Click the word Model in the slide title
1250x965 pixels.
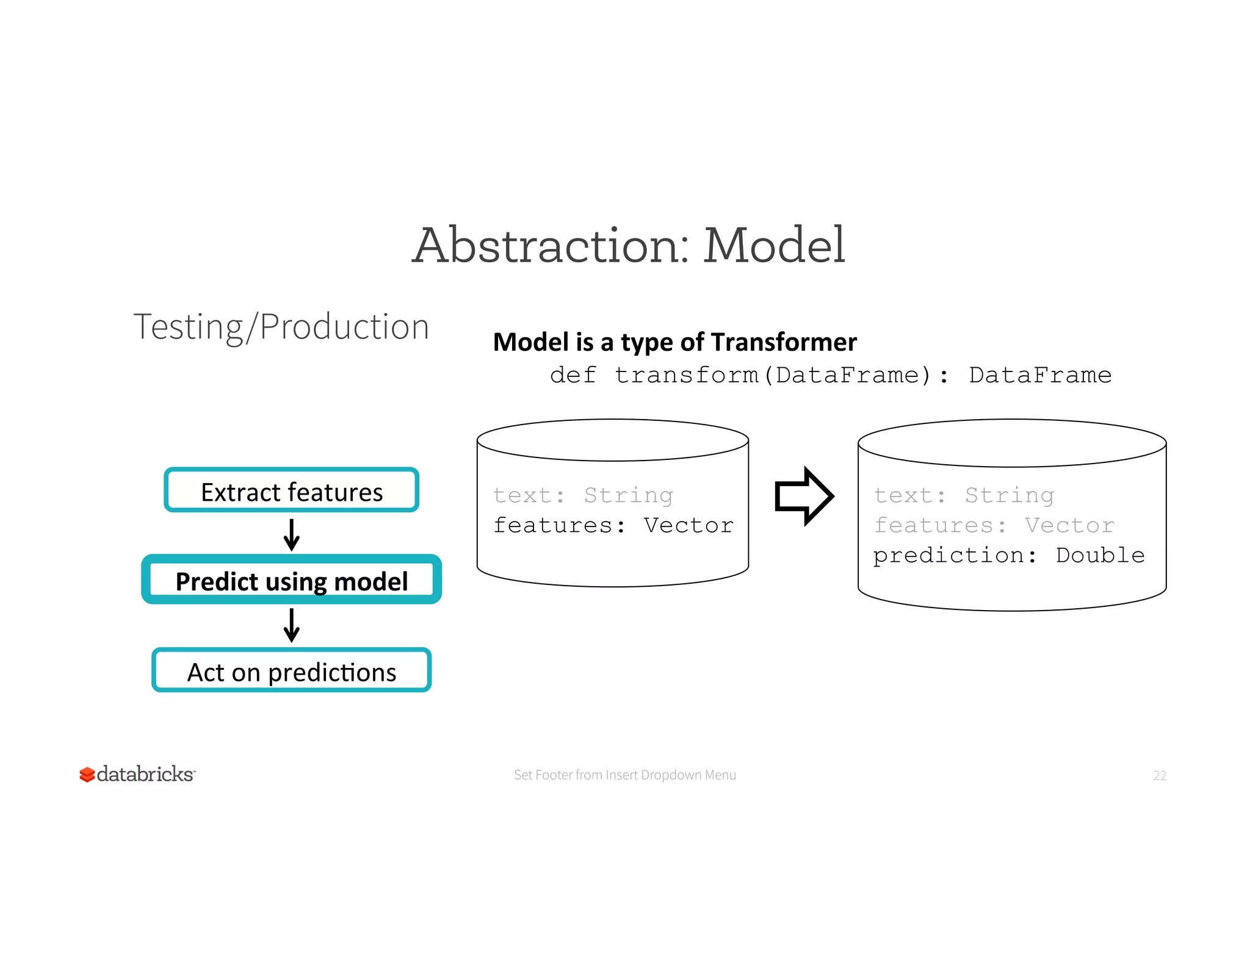(x=774, y=245)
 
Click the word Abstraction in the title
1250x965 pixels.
(x=551, y=245)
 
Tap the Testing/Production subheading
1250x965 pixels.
(x=281, y=326)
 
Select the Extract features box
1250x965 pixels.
(x=292, y=490)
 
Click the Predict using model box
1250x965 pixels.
(x=292, y=580)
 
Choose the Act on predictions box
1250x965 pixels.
(x=292, y=670)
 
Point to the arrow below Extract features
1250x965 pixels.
(x=292, y=534)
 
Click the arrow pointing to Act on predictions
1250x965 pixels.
(x=292, y=625)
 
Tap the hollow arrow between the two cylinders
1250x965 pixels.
(x=803, y=496)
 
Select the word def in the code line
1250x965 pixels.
(x=573, y=375)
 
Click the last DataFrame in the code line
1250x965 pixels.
(x=1040, y=375)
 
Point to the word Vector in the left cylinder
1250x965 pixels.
(x=688, y=525)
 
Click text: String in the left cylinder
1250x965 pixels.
(x=583, y=495)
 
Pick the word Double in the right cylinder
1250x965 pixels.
(x=1100, y=555)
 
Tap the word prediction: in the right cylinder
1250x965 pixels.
(x=955, y=555)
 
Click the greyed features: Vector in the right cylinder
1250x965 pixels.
(x=994, y=525)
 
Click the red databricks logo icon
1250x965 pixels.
(x=87, y=775)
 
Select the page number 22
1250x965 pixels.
(x=1160, y=775)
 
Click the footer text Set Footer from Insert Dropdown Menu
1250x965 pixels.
(x=624, y=775)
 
